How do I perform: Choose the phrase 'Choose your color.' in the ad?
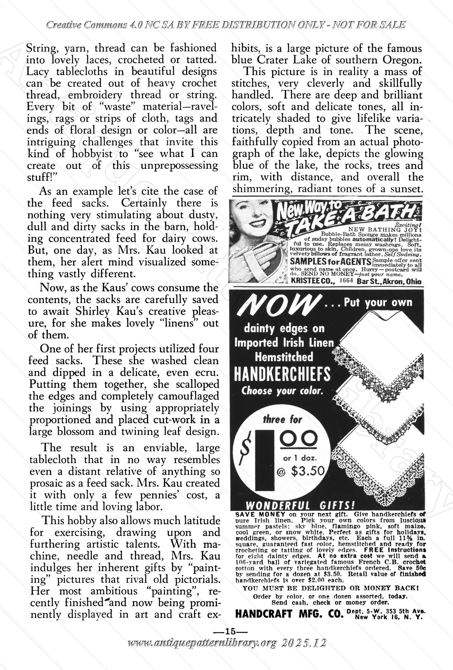(x=282, y=391)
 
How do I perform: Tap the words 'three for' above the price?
(x=282, y=419)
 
